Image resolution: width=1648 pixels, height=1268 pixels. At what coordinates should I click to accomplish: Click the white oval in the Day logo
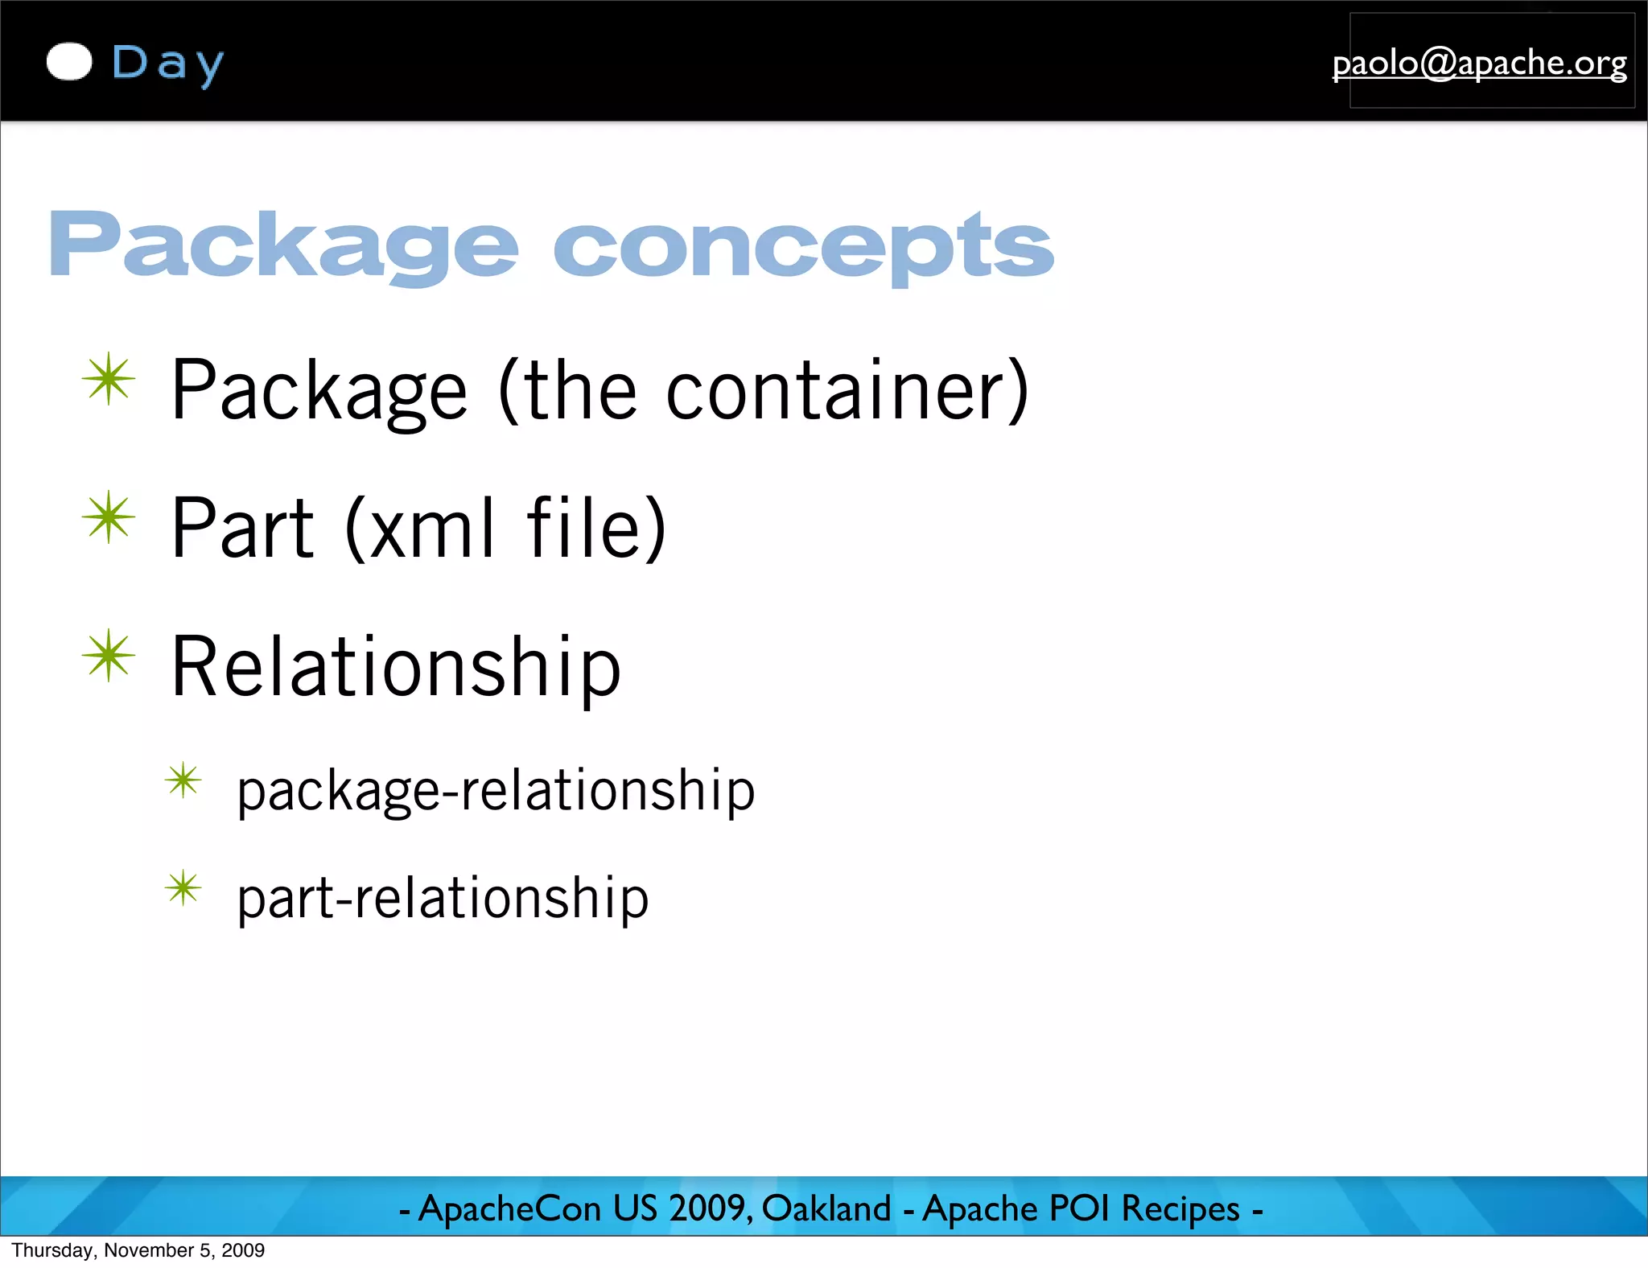(x=69, y=62)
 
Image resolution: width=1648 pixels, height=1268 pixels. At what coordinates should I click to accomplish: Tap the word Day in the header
(x=167, y=64)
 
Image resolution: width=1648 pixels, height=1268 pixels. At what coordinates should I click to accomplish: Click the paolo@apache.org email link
(x=1479, y=63)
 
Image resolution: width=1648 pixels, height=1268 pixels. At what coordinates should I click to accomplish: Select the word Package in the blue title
(x=283, y=245)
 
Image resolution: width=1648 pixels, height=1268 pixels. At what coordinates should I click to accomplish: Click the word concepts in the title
(x=803, y=245)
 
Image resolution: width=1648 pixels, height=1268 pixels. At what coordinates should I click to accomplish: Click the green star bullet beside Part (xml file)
(x=109, y=517)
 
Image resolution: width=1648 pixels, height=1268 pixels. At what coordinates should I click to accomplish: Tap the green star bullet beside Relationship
(x=109, y=656)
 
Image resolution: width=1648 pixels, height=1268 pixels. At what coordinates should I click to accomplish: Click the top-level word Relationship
(x=396, y=668)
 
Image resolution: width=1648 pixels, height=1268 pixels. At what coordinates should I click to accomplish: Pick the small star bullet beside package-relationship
(x=183, y=780)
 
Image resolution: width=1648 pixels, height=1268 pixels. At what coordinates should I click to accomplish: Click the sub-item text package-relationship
(x=496, y=791)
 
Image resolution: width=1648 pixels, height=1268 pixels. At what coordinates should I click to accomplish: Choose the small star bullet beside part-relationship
(x=183, y=888)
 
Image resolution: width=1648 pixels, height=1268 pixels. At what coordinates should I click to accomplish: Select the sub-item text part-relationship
(x=443, y=899)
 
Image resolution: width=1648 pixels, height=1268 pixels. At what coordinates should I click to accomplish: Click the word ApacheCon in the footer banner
(x=510, y=1208)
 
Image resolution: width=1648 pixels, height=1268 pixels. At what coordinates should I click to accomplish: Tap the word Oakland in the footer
(x=826, y=1208)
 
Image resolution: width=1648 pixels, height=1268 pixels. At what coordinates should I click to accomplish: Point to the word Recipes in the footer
(x=1180, y=1208)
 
